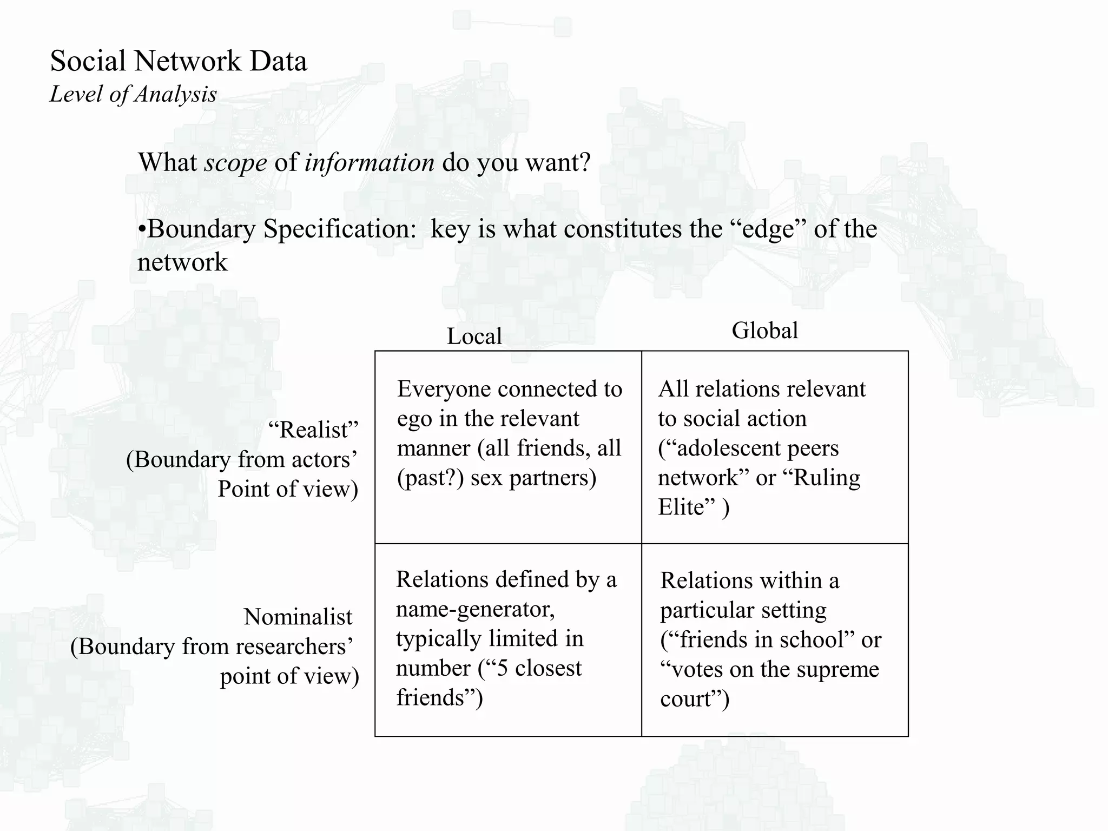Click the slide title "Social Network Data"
[179, 61]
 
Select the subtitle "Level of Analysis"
[133, 94]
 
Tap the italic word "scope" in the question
[235, 162]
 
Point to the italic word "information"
[369, 162]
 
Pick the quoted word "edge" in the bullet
[768, 229]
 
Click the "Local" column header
[474, 337]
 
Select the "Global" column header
[764, 331]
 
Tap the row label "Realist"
[313, 430]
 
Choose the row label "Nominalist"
[298, 617]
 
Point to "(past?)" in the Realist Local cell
[430, 478]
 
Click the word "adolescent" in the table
[720, 449]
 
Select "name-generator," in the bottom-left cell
[475, 609]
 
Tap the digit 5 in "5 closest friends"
[502, 668]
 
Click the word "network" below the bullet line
[182, 262]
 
